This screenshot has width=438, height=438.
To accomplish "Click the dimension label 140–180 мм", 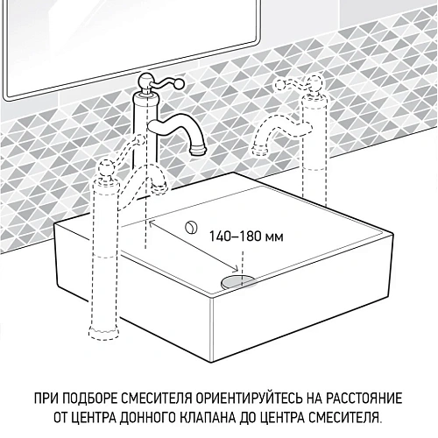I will point(248,236).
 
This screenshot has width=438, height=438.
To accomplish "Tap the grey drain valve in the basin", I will point(237,279).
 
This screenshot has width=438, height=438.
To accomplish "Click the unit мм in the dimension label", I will point(275,236).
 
